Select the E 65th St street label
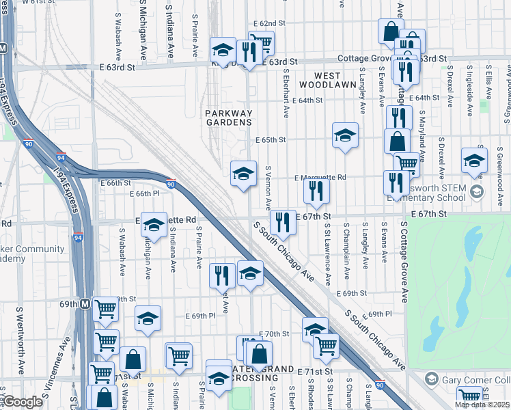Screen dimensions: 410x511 coord(270,139)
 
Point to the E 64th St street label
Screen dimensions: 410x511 coord(307,100)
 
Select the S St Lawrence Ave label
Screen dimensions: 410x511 coord(329,253)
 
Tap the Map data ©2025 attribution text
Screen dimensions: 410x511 coord(481,405)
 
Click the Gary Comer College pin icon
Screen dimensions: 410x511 coord(431,378)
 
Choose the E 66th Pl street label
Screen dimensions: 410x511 coord(147,194)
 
